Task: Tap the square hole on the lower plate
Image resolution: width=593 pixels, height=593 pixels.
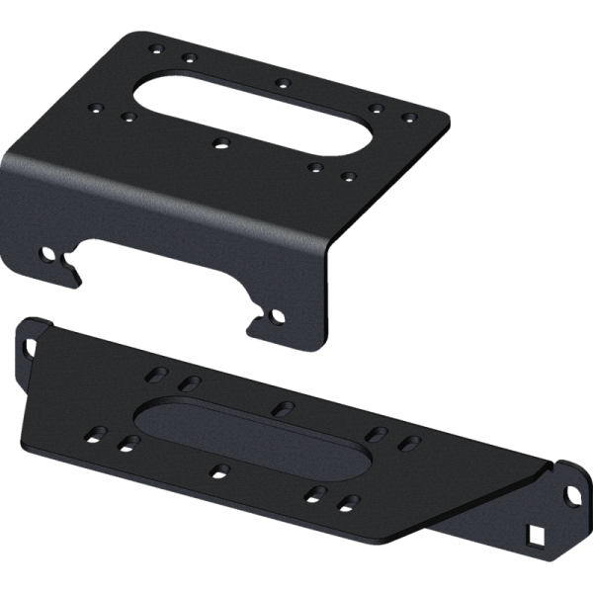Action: point(535,535)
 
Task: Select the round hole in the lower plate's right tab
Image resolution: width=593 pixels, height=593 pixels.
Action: point(570,491)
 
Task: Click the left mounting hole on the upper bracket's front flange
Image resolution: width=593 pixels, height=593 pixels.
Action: point(45,255)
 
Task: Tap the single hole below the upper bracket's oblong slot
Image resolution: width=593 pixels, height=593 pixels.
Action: point(221,143)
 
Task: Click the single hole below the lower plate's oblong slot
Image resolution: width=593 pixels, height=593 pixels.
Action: point(221,470)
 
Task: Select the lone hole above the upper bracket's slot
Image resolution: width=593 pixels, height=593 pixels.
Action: point(283,81)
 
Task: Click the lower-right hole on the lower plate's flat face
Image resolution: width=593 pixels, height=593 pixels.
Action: point(346,502)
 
